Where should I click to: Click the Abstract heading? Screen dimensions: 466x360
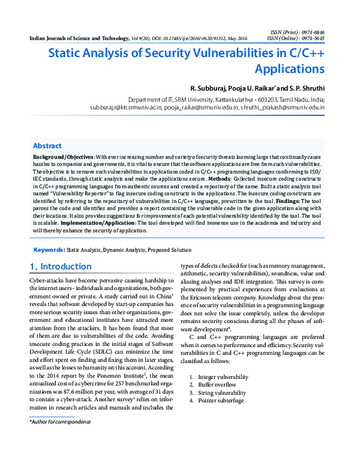tap(47, 146)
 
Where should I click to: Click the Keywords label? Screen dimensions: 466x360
tap(49, 249)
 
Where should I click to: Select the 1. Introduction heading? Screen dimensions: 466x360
tap(61, 267)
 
